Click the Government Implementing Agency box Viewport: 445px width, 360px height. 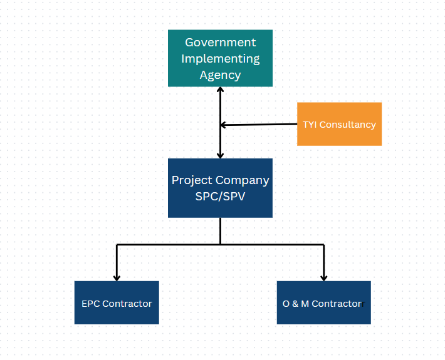pos(220,58)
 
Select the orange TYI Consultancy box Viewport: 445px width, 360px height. pos(339,124)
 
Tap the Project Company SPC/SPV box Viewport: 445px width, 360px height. pos(220,188)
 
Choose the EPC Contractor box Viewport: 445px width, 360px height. pos(117,303)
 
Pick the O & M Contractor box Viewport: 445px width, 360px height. pos(323,303)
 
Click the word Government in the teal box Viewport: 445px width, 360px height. pos(220,43)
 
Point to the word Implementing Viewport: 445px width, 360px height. pos(220,59)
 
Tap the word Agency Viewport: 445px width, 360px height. pos(220,75)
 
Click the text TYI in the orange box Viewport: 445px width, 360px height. pos(310,125)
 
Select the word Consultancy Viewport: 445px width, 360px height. pos(348,125)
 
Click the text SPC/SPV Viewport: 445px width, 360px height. pos(220,196)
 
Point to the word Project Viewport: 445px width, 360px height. pos(192,180)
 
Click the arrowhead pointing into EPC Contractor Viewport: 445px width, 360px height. pos(117,277)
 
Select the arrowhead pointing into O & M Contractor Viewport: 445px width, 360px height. pos(323,277)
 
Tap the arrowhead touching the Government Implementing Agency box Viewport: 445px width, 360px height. pos(220,90)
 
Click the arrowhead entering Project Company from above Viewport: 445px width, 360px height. pos(220,154)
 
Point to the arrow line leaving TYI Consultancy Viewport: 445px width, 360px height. pos(260,125)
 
